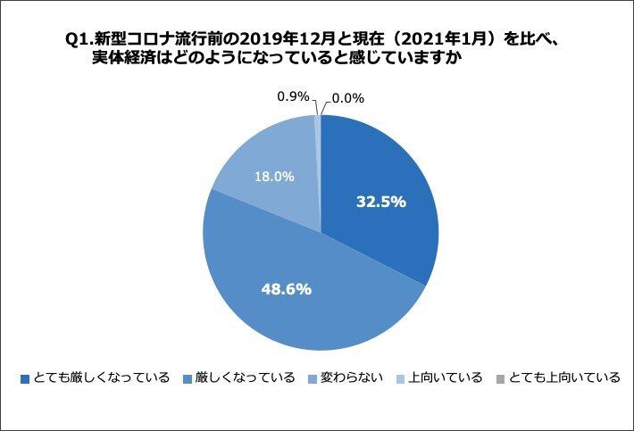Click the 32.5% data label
pos(382,202)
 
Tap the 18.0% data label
pos(275,177)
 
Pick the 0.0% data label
pos(346,98)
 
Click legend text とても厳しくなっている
pos(100,377)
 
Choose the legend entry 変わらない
pos(350,377)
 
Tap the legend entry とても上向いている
pos(564,377)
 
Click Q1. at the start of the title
pos(78,39)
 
